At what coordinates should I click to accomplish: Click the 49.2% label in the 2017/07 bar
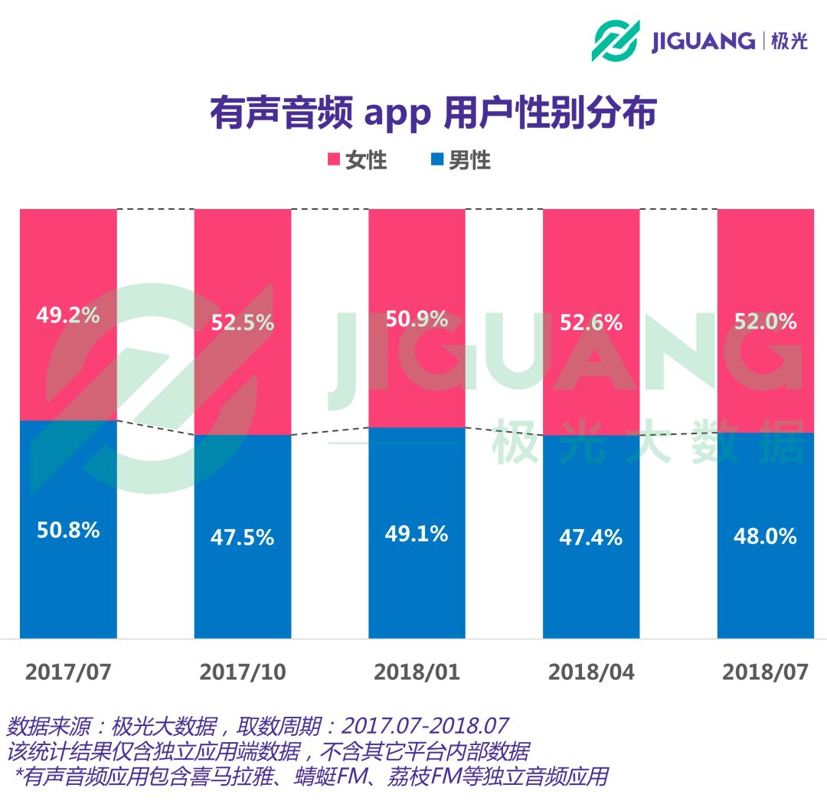tap(68, 315)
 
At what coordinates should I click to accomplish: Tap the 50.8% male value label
tap(68, 530)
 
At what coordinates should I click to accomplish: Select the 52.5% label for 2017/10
tap(242, 322)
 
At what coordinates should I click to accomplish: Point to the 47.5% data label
tap(242, 538)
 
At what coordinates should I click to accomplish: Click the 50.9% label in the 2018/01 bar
tap(417, 319)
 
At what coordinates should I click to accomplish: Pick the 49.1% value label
tap(417, 534)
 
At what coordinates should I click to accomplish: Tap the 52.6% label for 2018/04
tap(590, 323)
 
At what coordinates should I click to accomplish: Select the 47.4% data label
tap(590, 538)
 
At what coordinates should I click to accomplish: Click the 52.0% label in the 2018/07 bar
tap(765, 322)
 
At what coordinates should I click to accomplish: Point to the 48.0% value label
tap(765, 536)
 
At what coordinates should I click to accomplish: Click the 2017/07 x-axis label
tap(68, 672)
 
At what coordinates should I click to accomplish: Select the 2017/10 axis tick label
tap(242, 672)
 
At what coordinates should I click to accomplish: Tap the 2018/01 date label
tap(417, 672)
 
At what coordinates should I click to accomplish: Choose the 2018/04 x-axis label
tap(590, 672)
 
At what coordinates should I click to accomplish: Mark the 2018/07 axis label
tap(765, 672)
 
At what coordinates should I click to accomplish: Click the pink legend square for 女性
tap(334, 160)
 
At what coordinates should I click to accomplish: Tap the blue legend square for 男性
tap(436, 160)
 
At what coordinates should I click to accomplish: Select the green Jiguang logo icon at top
tap(615, 41)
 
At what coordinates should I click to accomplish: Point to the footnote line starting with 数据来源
tap(257, 725)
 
